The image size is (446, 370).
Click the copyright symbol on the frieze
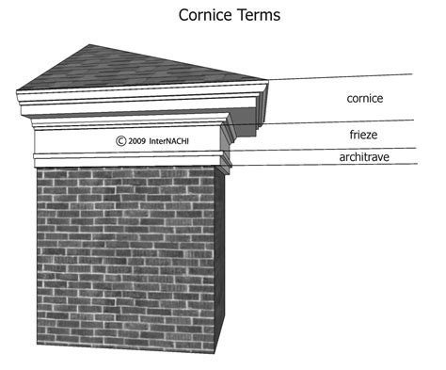[120, 141]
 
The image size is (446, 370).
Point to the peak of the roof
[87, 44]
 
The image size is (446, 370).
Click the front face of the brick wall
[122, 254]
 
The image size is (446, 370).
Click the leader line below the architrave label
[358, 166]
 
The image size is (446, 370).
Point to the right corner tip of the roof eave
[269, 83]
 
